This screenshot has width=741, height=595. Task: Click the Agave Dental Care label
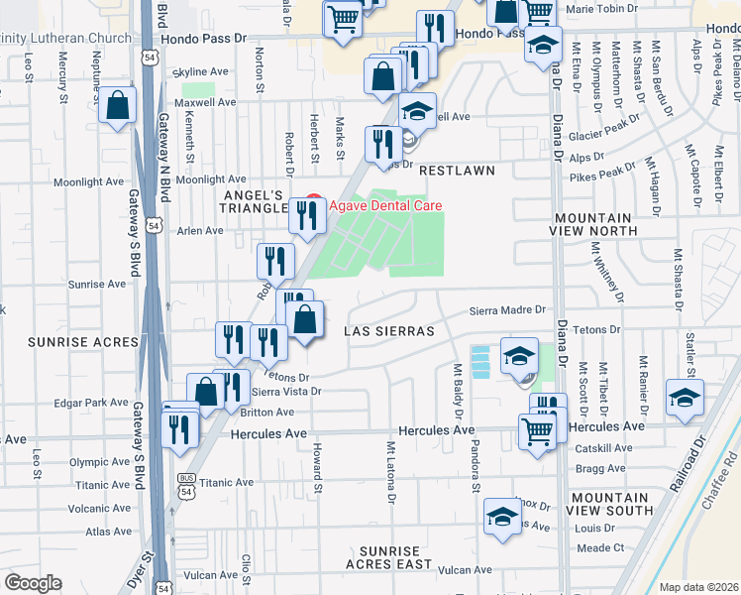click(385, 206)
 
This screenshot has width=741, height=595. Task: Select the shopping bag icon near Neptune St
click(117, 107)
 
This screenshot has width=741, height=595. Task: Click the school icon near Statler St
click(685, 397)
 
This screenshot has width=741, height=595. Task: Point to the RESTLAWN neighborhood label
click(457, 171)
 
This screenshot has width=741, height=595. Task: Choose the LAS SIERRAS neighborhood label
click(389, 331)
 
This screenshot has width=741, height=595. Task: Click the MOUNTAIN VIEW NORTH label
click(593, 224)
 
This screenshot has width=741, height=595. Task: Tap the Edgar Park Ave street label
click(94, 404)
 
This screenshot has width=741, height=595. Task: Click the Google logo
click(34, 583)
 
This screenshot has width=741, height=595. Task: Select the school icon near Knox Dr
click(502, 517)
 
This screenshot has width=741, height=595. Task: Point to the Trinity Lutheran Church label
click(65, 39)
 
